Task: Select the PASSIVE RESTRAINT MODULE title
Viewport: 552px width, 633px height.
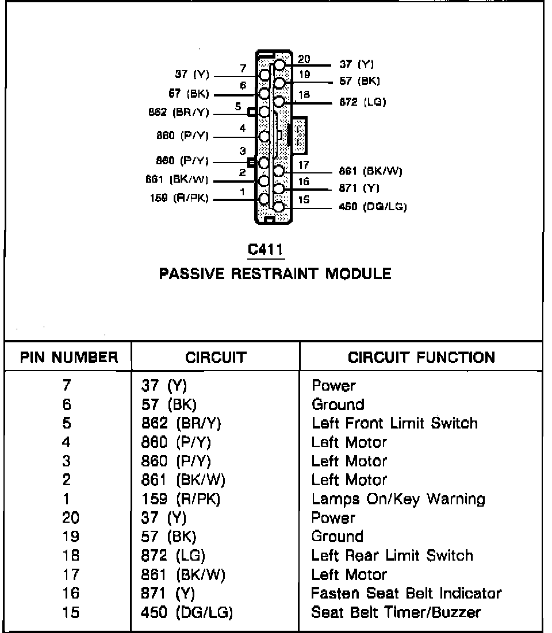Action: (275, 273)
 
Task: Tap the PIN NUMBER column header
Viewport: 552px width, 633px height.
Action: (69, 358)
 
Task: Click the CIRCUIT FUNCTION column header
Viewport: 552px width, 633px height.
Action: (421, 358)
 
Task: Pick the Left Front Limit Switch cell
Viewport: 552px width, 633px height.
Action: (394, 423)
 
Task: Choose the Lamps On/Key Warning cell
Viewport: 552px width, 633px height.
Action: (398, 499)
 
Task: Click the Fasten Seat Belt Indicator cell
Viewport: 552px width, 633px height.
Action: (406, 593)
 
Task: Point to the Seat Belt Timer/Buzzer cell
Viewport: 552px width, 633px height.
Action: (396, 612)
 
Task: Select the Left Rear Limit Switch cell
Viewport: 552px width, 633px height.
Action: (392, 555)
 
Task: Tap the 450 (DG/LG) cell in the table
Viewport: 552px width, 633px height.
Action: (187, 612)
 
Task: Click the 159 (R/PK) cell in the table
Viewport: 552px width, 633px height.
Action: (181, 499)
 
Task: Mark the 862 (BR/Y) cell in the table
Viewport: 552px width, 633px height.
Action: (181, 423)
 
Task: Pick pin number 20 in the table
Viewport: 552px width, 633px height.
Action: (70, 518)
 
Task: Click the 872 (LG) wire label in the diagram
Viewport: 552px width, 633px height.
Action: (363, 102)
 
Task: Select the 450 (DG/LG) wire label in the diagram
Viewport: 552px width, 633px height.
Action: (373, 207)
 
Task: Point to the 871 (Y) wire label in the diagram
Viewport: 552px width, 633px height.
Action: (359, 188)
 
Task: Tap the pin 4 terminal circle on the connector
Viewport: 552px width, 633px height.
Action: (264, 137)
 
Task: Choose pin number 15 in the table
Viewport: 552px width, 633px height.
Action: (70, 612)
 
